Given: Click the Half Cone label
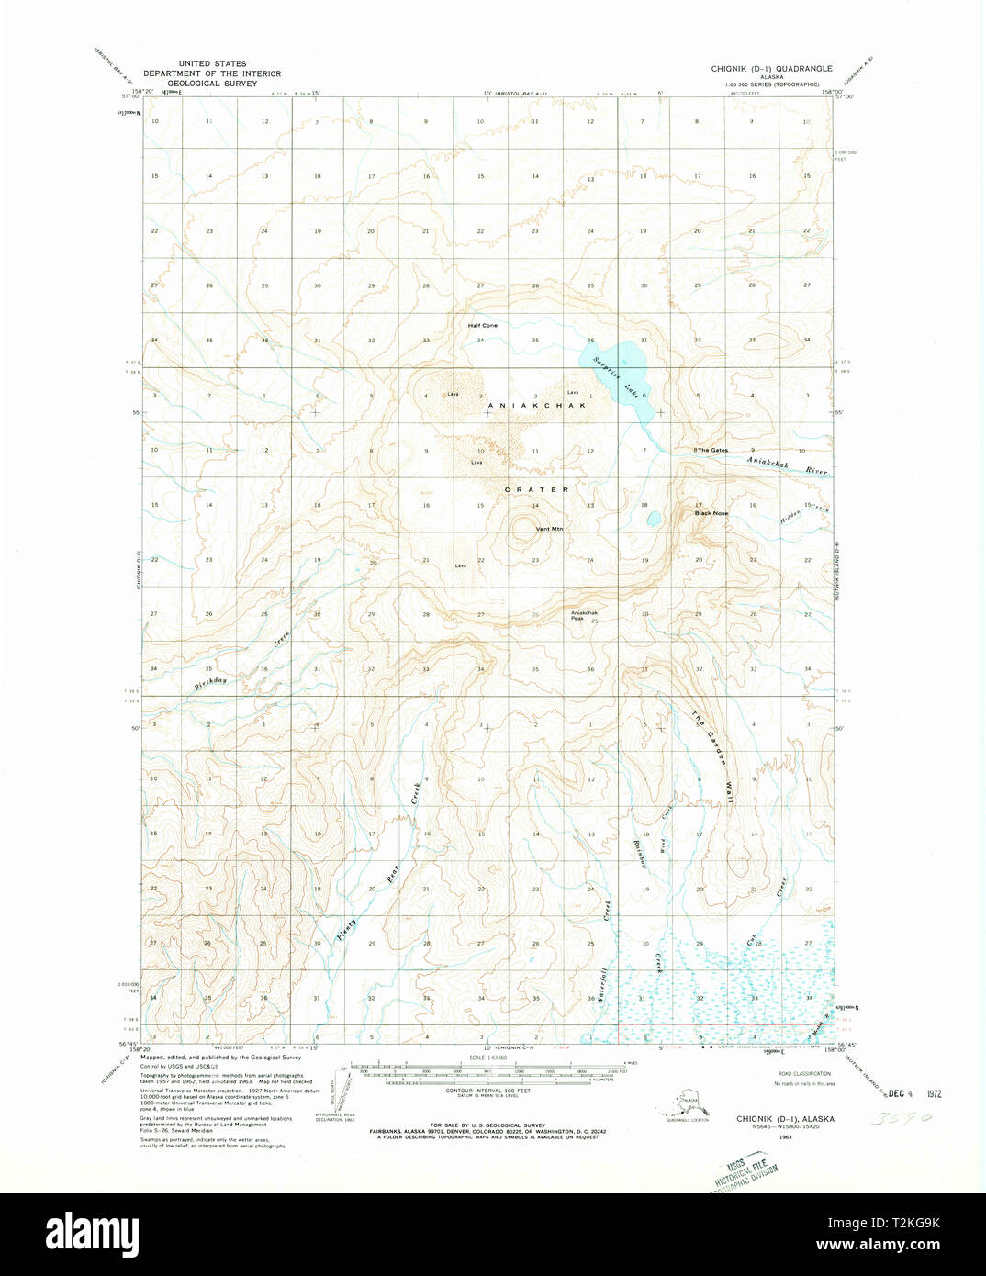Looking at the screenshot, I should coord(482,326).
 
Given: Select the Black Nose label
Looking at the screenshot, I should coord(711,513).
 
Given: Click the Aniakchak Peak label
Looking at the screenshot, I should coord(584,615).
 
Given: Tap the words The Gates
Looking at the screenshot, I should coord(711,450).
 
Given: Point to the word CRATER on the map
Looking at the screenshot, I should coord(536,489).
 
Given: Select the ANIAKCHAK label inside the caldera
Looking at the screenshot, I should coord(535,405).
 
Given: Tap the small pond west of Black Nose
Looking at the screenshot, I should coord(653,519).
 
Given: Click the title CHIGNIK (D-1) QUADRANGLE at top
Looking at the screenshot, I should coord(772,69).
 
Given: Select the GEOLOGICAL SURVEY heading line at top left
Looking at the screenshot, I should coord(212,83).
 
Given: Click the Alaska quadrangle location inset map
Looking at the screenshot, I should coord(686,1101).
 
